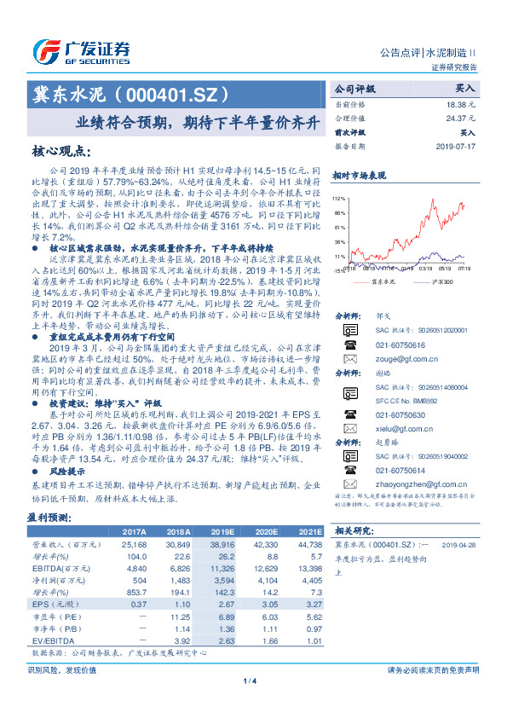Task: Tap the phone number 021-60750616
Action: pyautogui.click(x=394, y=345)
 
